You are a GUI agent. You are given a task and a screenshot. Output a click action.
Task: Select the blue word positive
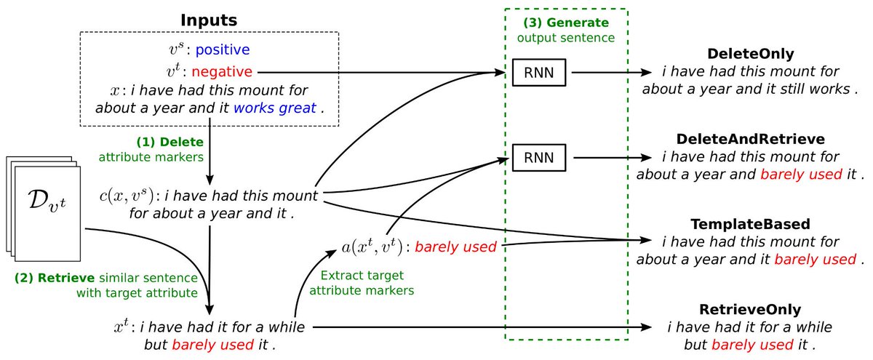[x=222, y=49]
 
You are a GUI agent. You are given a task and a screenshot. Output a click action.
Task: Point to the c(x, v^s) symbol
[x=129, y=196]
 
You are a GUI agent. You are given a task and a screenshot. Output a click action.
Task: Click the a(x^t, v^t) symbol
[x=372, y=247]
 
